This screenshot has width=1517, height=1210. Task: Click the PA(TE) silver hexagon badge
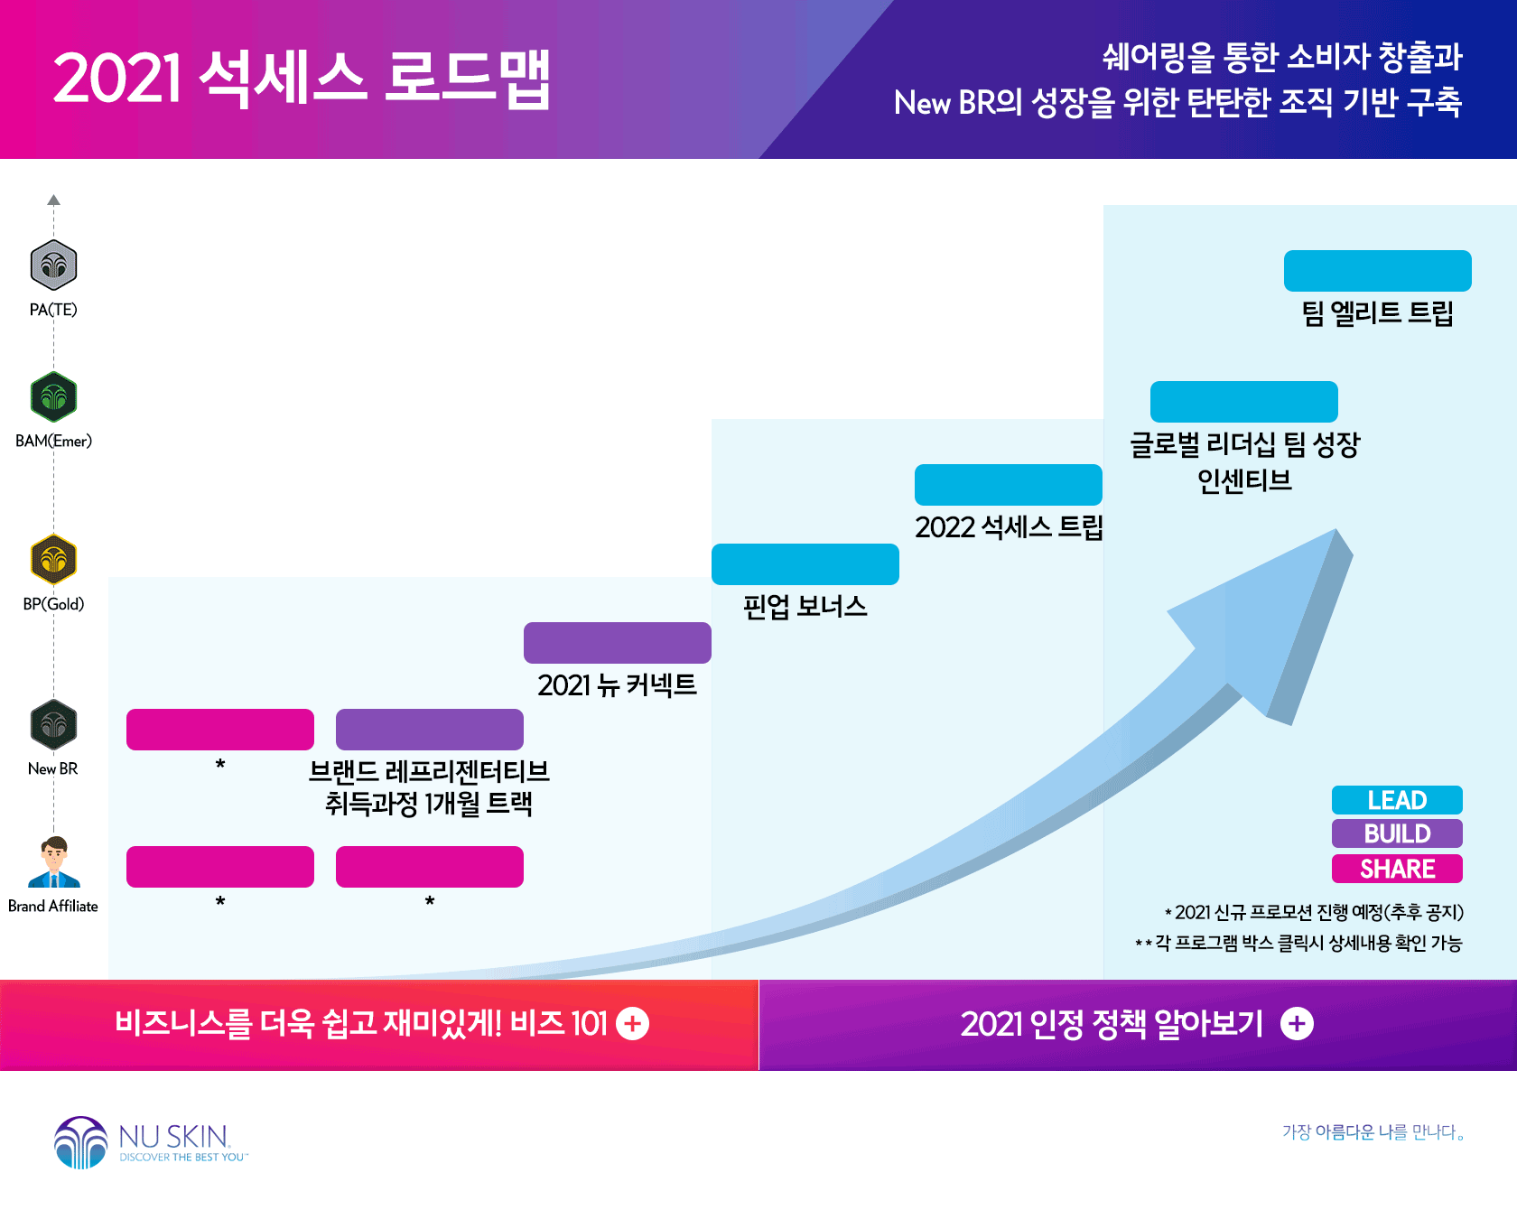pyautogui.click(x=53, y=265)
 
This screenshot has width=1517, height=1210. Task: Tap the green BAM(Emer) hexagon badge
pyautogui.click(x=53, y=396)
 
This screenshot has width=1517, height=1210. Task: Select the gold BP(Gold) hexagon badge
pyautogui.click(x=53, y=560)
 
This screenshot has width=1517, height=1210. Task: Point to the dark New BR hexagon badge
pyautogui.click(x=53, y=724)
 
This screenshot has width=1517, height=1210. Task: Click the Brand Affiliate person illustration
pyautogui.click(x=54, y=862)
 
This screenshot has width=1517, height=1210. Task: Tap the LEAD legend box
pyautogui.click(x=1397, y=800)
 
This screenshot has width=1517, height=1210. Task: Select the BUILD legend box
pyautogui.click(x=1397, y=833)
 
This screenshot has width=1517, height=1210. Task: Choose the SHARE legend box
pyautogui.click(x=1397, y=869)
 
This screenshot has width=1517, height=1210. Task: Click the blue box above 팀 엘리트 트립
pyautogui.click(x=1378, y=271)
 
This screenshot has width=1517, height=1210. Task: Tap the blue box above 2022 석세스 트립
pyautogui.click(x=1009, y=485)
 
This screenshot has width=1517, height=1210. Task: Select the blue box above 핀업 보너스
pyautogui.click(x=805, y=564)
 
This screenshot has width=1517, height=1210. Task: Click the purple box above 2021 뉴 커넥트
pyautogui.click(x=618, y=643)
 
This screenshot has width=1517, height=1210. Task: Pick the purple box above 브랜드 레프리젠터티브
pyautogui.click(x=430, y=730)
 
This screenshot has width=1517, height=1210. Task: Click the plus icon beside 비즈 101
pyautogui.click(x=632, y=1024)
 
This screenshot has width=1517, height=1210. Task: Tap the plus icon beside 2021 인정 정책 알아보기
pyautogui.click(x=1297, y=1024)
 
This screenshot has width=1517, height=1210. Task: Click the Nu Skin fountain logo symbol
pyautogui.click(x=81, y=1142)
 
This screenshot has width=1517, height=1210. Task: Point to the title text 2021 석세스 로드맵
pyautogui.click(x=302, y=79)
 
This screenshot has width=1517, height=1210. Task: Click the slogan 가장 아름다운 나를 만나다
pyautogui.click(x=1373, y=1132)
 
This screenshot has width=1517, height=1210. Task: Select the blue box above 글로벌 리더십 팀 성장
pyautogui.click(x=1244, y=402)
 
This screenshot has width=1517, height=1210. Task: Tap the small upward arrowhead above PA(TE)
pyautogui.click(x=54, y=200)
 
